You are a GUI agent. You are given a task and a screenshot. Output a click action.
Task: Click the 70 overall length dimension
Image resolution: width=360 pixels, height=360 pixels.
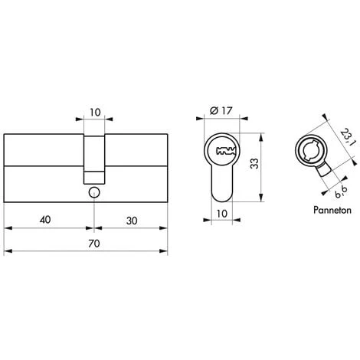(x=94, y=244)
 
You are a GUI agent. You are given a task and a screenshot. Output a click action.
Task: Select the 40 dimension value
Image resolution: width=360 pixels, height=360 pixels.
(x=45, y=219)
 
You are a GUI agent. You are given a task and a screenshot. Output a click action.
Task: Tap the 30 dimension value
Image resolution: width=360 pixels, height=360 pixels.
(x=132, y=221)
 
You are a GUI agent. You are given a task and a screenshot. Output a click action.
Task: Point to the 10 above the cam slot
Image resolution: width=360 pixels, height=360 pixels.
(x=95, y=113)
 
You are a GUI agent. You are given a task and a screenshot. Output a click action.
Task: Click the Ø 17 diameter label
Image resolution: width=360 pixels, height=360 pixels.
(x=221, y=111)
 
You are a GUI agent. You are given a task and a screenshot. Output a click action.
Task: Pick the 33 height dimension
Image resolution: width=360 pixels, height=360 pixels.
(x=254, y=163)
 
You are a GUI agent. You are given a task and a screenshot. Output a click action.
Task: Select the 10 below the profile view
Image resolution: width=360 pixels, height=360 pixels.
(x=222, y=214)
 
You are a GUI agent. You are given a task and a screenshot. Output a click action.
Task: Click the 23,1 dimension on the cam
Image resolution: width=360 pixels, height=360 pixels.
(x=348, y=137)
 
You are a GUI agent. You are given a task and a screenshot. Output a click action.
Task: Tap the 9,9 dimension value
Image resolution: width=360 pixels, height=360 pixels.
(x=342, y=192)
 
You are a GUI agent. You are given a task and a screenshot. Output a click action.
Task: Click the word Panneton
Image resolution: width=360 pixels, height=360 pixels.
(x=332, y=210)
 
